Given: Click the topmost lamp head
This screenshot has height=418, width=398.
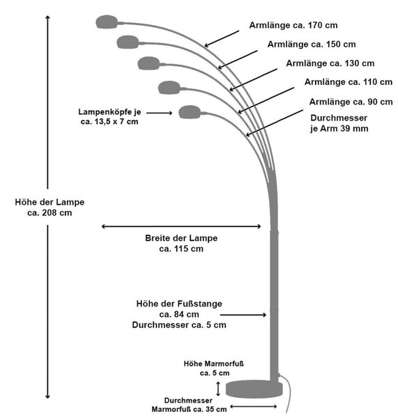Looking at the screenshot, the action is [x=107, y=22].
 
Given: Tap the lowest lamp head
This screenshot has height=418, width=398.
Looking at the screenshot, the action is [x=190, y=112].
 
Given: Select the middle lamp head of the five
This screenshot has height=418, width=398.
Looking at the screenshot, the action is [x=148, y=63].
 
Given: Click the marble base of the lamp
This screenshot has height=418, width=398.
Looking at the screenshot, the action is [x=254, y=389].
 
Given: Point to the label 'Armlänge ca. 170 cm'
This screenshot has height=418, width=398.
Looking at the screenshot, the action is [x=293, y=25].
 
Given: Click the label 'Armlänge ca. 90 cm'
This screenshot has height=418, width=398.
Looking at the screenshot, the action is [x=351, y=102].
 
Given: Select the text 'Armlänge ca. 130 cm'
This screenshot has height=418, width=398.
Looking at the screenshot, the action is [x=330, y=63].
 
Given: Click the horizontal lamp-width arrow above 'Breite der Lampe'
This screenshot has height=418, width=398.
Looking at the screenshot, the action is [x=181, y=226].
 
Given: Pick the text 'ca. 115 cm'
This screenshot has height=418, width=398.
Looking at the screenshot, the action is [x=181, y=249].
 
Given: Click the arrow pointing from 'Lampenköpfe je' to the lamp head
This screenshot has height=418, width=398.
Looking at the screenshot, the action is [x=159, y=113].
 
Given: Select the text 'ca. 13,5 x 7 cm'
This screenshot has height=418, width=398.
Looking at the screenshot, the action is [x=109, y=122].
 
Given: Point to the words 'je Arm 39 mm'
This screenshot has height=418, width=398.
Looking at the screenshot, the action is [x=339, y=128].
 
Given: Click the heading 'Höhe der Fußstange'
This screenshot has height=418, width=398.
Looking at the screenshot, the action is [x=179, y=304].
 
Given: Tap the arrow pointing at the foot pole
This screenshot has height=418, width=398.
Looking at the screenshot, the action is [x=243, y=315].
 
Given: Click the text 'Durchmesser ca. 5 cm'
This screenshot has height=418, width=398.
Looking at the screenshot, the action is [x=179, y=325].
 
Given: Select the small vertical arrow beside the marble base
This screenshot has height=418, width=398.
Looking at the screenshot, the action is [x=218, y=389].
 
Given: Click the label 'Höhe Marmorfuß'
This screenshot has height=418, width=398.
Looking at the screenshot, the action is [x=214, y=364].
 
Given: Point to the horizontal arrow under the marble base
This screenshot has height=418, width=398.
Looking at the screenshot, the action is [x=254, y=407].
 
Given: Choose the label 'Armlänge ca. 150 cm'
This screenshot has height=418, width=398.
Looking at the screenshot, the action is [x=312, y=45].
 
